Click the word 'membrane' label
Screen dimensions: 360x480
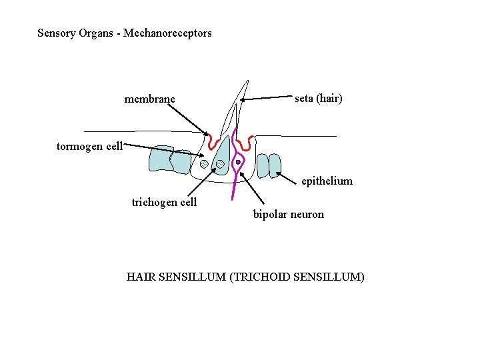point(149,99)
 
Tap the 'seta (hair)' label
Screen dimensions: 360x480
point(319,99)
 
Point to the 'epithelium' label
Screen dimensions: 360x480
point(327,181)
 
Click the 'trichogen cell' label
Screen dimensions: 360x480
point(164,202)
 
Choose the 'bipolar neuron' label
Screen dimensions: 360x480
point(288,214)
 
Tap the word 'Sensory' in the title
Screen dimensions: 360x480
point(55,33)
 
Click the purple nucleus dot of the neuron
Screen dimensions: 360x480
point(237,161)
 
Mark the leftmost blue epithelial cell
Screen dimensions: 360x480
point(161,159)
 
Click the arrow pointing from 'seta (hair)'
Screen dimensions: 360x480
point(267,98)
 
